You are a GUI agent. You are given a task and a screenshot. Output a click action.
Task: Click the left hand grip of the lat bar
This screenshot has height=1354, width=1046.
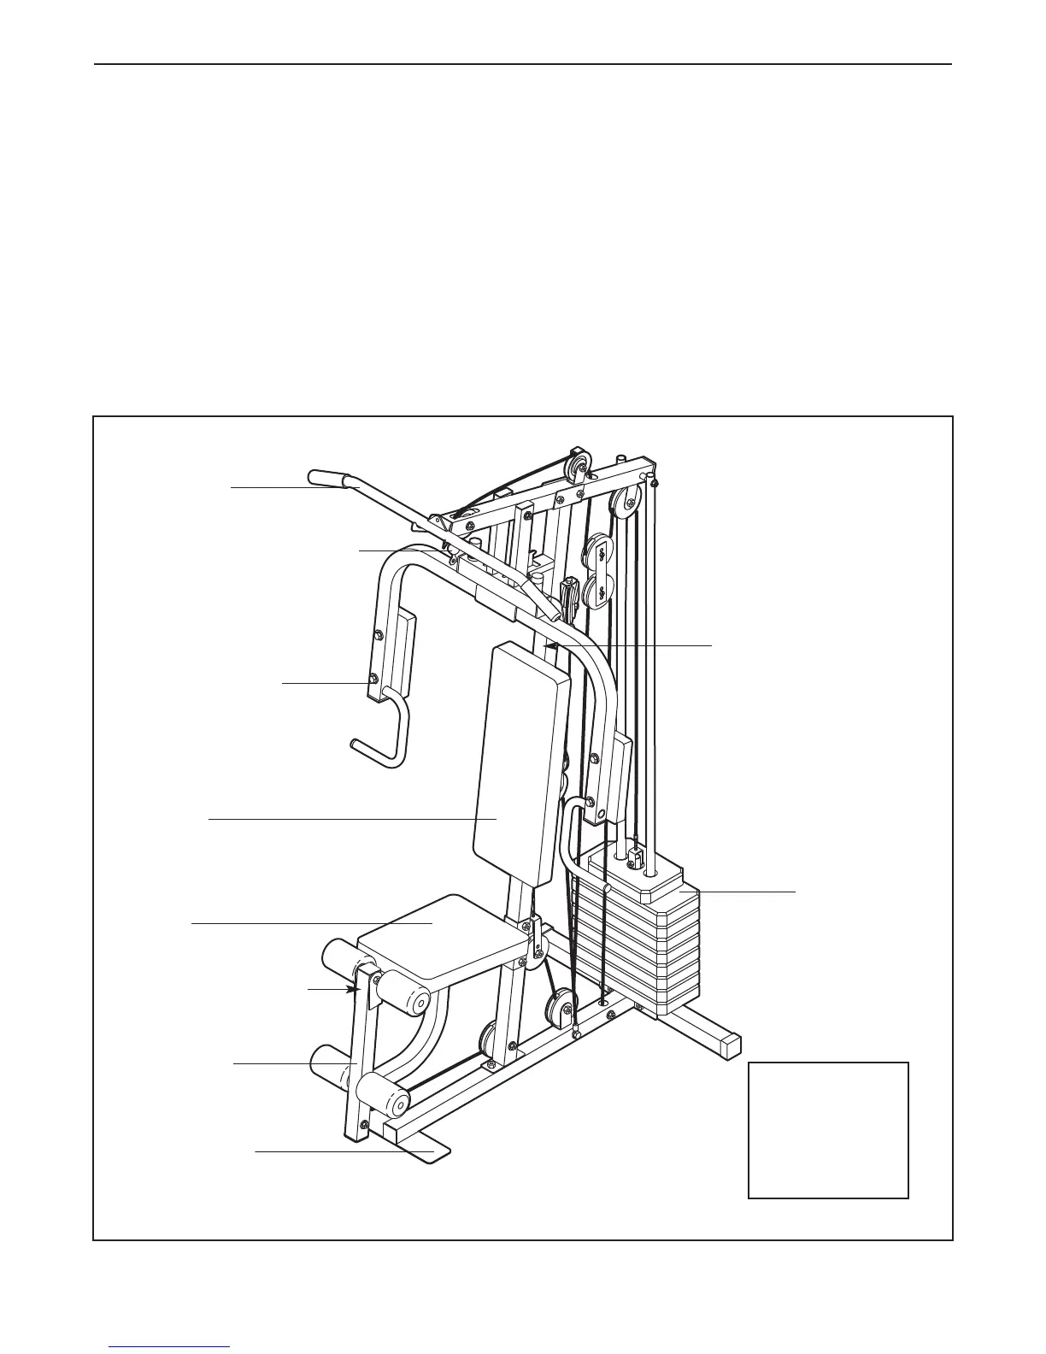pos(325,476)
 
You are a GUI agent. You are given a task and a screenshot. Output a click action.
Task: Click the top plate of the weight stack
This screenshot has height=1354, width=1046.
pos(632,872)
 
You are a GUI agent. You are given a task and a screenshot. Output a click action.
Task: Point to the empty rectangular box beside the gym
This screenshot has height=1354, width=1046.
pos(827,1129)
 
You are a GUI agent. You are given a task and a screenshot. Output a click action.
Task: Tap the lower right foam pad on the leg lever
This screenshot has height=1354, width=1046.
pos(380,1096)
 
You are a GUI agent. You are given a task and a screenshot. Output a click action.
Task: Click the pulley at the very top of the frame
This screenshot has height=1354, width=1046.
pos(580,464)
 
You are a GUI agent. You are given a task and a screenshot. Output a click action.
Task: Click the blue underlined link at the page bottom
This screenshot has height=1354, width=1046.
pos(169,1348)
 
